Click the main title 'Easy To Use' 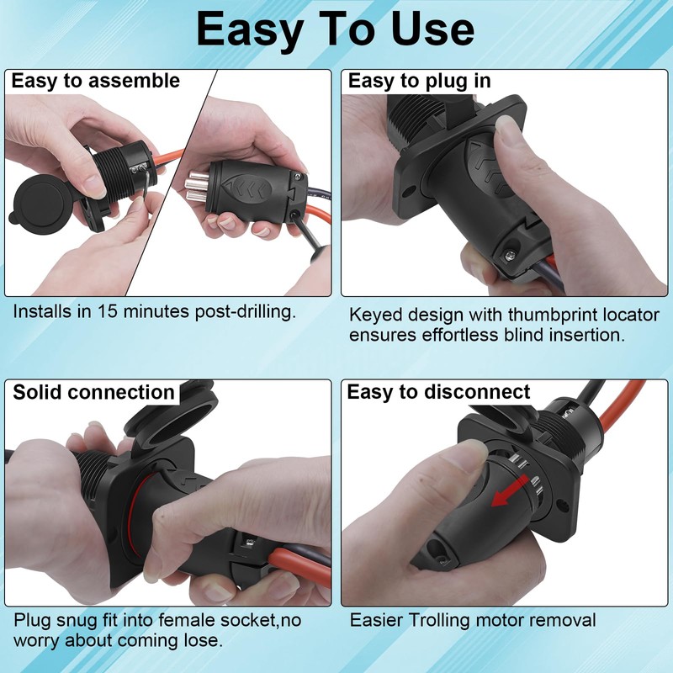point(336,30)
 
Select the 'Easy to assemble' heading point(95,82)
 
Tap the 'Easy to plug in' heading point(419,82)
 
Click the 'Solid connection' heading point(93,392)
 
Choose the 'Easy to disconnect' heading point(438,392)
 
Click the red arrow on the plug point(507,494)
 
